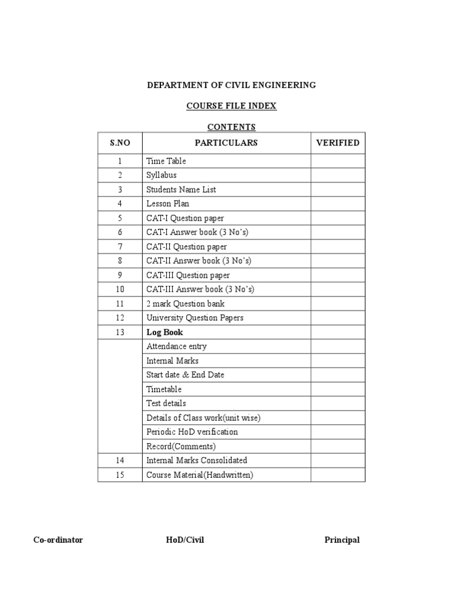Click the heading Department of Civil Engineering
tap(231, 85)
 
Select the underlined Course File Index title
tap(231, 106)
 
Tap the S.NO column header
tap(120, 143)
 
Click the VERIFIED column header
tap(338, 143)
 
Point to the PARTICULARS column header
tap(226, 143)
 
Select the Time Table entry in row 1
tap(166, 161)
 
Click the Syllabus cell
tap(161, 175)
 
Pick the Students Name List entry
tap(181, 190)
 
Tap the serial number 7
tap(120, 247)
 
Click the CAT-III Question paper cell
tap(188, 275)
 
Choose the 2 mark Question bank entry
tap(185, 303)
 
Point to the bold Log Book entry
tap(164, 332)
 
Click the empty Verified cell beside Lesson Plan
tap(338, 204)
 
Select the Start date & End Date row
tap(185, 374)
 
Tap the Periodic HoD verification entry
tap(192, 432)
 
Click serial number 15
tap(120, 475)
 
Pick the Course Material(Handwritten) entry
tap(200, 475)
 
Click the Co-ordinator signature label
tap(58, 540)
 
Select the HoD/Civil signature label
tap(185, 540)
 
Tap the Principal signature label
tap(342, 540)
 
